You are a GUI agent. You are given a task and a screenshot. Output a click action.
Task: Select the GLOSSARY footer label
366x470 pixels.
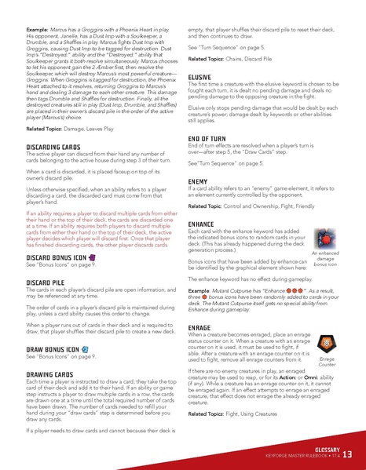click(x=321, y=448)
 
